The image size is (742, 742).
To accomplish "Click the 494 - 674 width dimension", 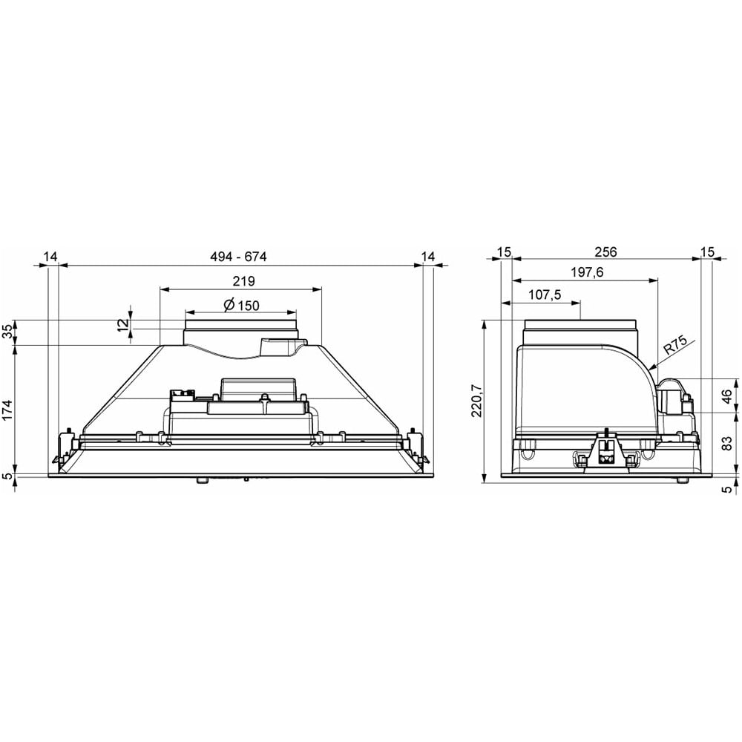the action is tap(238, 257).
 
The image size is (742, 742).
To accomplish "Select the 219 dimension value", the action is tap(243, 281).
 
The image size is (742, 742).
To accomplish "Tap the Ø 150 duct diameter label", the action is tap(241, 305).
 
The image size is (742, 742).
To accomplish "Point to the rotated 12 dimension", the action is tap(123, 325).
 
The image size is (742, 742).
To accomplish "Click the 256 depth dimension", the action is tap(605, 252).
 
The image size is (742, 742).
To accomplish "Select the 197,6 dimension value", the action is tap(587, 272).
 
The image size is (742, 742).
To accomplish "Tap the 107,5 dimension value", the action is tap(544, 295).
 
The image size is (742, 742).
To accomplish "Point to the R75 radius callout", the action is tap(676, 347).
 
